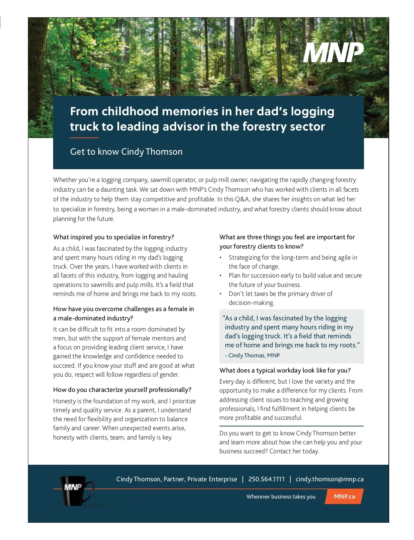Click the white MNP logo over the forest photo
[x=333, y=53]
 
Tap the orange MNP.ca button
[x=344, y=496]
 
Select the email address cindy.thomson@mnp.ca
[x=329, y=479]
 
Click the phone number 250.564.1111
[x=266, y=479]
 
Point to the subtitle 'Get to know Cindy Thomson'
[x=126, y=152]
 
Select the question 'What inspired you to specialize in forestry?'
[x=114, y=237]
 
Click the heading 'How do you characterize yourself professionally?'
[x=122, y=390]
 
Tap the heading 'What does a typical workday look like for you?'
[x=285, y=370]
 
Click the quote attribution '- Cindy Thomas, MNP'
[x=252, y=356]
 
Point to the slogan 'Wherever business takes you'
[x=281, y=497]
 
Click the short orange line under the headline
[x=84, y=138]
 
